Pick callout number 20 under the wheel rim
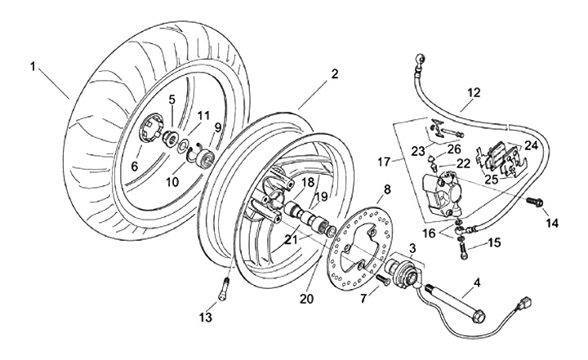[307, 299]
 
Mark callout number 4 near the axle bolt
[476, 282]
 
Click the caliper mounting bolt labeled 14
[536, 200]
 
